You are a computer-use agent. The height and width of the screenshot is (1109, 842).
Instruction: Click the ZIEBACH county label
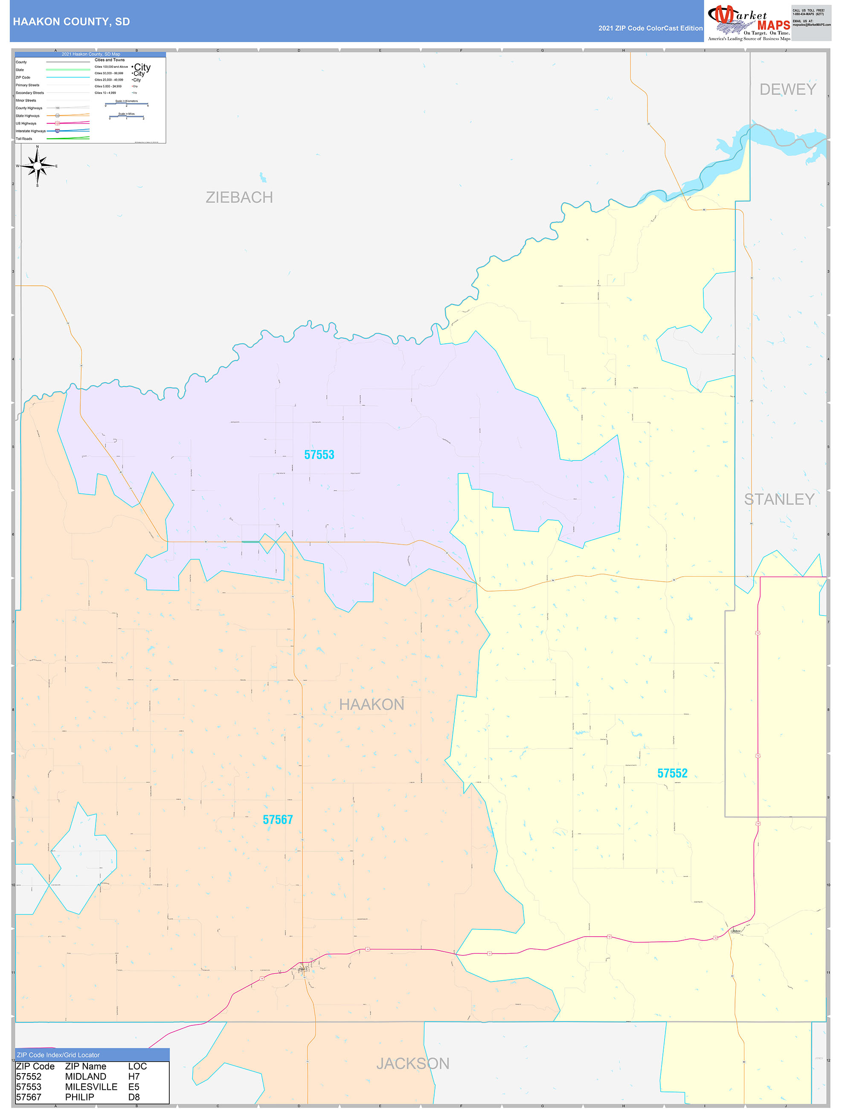(x=239, y=197)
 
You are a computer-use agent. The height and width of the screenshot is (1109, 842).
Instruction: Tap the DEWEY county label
(x=787, y=89)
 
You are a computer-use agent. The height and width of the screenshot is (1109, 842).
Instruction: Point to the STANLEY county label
(x=779, y=499)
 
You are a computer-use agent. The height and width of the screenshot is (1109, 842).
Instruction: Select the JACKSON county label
(x=413, y=1063)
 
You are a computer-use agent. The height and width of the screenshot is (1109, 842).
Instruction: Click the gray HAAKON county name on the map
(x=372, y=704)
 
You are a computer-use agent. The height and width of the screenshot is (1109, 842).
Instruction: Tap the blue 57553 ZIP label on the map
(x=319, y=455)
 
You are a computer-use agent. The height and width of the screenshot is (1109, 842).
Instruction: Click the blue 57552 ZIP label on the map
(x=672, y=773)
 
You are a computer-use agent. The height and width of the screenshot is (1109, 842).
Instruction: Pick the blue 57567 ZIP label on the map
(x=277, y=820)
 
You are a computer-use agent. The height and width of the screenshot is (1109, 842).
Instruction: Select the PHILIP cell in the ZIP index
(x=80, y=1097)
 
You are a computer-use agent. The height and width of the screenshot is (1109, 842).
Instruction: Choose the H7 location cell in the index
(x=134, y=1077)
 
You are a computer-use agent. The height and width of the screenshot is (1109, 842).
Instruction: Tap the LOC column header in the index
(x=137, y=1066)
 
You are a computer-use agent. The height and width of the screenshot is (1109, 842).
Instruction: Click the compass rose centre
(x=37, y=165)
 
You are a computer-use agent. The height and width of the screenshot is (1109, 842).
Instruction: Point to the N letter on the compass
(x=37, y=147)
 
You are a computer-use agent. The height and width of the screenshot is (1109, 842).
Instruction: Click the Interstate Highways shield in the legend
(x=57, y=131)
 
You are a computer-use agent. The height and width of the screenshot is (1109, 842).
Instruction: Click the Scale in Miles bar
(x=126, y=117)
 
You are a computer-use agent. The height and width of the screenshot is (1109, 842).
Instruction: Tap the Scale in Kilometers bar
(x=126, y=104)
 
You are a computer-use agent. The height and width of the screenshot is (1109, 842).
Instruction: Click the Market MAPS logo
(x=748, y=23)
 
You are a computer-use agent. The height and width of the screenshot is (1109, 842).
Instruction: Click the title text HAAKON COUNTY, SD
(x=71, y=22)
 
